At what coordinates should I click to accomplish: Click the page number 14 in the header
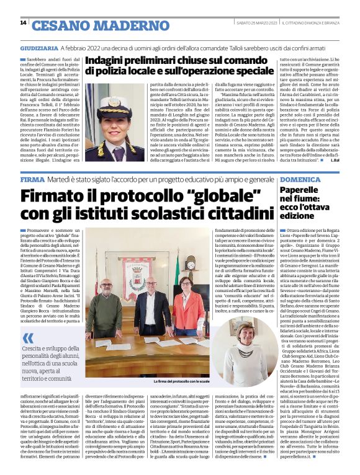tap(23, 23)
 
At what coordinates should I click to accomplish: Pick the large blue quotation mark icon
tap(29, 338)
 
